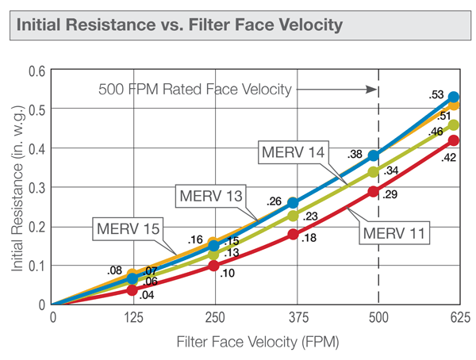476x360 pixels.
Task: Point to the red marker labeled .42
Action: click(x=454, y=140)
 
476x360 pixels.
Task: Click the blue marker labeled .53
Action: click(x=454, y=97)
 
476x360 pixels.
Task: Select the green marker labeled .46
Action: click(x=454, y=124)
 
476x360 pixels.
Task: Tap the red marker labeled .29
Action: click(x=374, y=191)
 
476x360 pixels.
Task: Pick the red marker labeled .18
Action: click(x=293, y=234)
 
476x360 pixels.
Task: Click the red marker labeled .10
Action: click(x=213, y=266)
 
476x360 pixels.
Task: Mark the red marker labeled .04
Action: click(x=132, y=289)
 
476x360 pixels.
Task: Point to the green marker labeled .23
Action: click(x=293, y=215)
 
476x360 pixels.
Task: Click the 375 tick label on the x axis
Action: click(x=294, y=318)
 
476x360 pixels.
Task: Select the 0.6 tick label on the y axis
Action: click(x=36, y=71)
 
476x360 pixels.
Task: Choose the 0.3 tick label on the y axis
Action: click(x=36, y=188)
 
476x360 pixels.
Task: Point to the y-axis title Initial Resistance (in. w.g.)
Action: click(x=17, y=187)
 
